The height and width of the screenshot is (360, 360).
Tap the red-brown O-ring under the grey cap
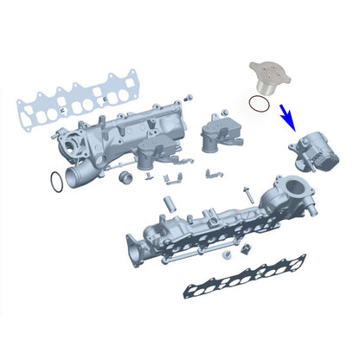257,104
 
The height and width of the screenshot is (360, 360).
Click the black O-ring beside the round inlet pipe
54,183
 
